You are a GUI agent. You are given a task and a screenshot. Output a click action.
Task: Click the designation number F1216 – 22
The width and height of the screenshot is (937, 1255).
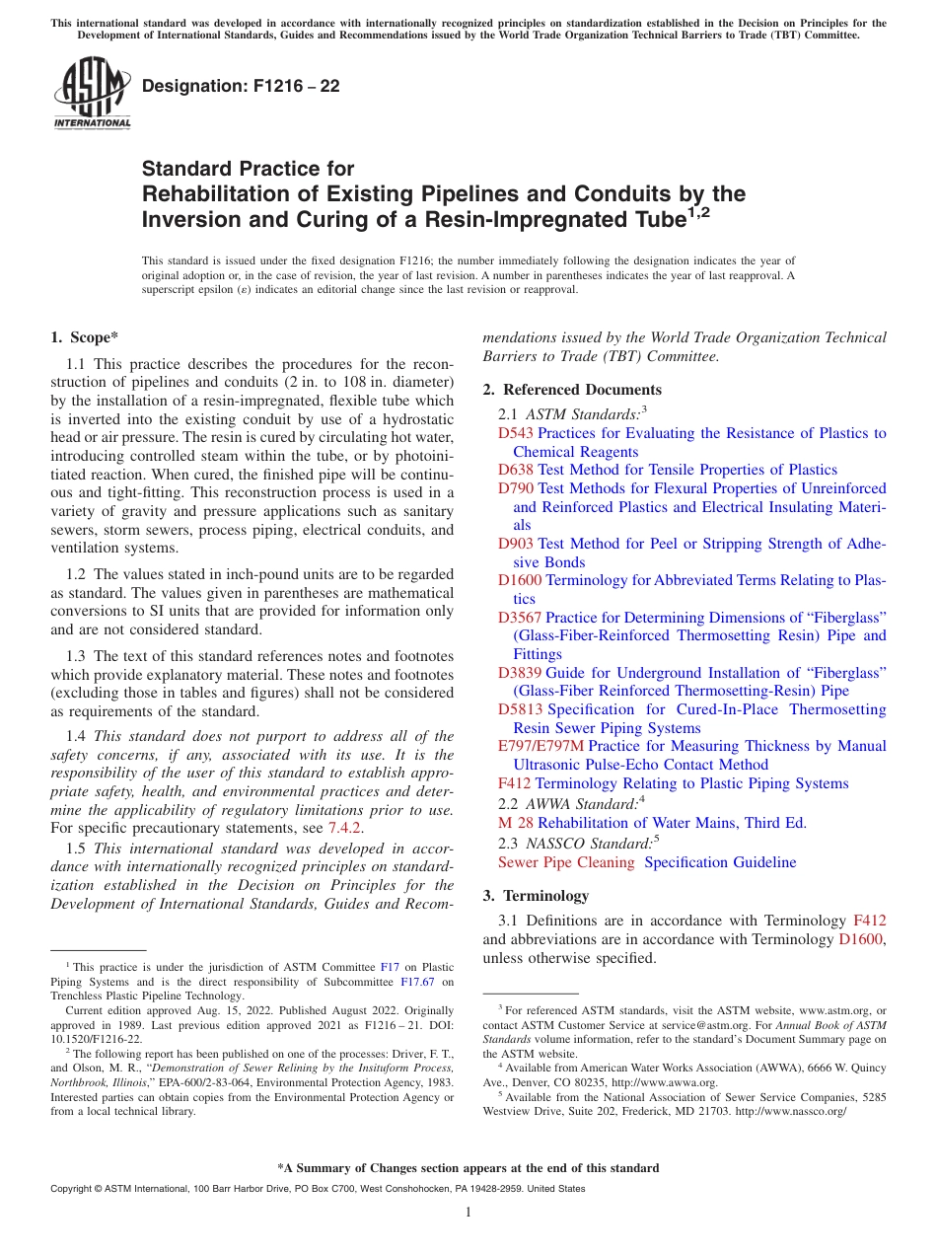[241, 86]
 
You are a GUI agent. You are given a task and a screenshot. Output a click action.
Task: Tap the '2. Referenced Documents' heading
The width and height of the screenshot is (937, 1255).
[572, 390]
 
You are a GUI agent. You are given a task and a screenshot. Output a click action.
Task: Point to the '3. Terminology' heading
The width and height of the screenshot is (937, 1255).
[536, 896]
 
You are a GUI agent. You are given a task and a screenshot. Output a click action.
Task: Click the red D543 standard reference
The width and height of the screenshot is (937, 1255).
[516, 433]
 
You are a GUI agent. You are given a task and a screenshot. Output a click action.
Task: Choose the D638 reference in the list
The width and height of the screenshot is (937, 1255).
[516, 470]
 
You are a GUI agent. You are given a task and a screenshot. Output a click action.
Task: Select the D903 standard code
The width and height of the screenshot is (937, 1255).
[516, 544]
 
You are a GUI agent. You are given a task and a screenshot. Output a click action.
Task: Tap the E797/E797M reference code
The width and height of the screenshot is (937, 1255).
[541, 746]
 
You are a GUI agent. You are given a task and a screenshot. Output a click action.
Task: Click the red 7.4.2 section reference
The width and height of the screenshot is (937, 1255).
[344, 828]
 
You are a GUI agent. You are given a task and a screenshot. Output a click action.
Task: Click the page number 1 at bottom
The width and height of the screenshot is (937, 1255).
[468, 1213]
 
